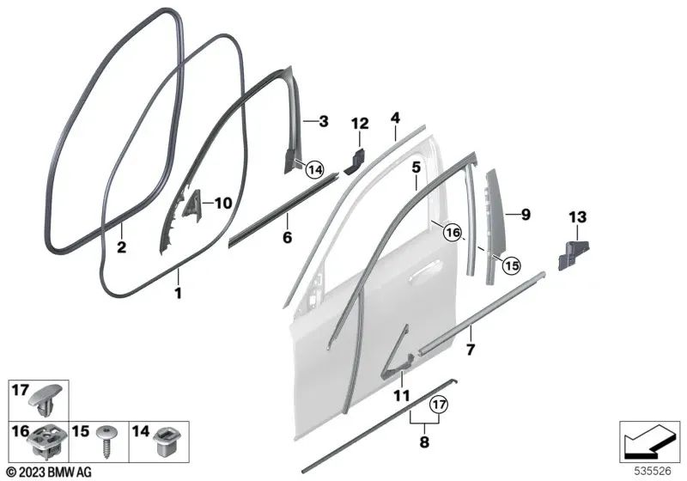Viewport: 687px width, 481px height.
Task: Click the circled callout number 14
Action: coord(314,169)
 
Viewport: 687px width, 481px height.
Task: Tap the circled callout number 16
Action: coord(453,232)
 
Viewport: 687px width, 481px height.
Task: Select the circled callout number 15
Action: coord(511,265)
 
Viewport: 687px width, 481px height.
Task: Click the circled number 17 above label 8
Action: coord(439,404)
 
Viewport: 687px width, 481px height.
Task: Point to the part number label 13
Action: coord(577,216)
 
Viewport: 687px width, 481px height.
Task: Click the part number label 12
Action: coord(360,124)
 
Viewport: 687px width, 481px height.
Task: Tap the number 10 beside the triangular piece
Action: coord(222,204)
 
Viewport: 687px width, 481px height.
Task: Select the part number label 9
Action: coord(526,215)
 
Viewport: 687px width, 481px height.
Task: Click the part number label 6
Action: coord(287,238)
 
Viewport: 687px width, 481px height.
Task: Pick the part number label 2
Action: coord(121,247)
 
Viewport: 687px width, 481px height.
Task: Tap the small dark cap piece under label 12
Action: coord(355,161)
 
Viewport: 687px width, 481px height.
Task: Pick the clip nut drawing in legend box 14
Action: coord(165,442)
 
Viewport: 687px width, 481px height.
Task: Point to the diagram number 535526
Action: coord(653,471)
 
